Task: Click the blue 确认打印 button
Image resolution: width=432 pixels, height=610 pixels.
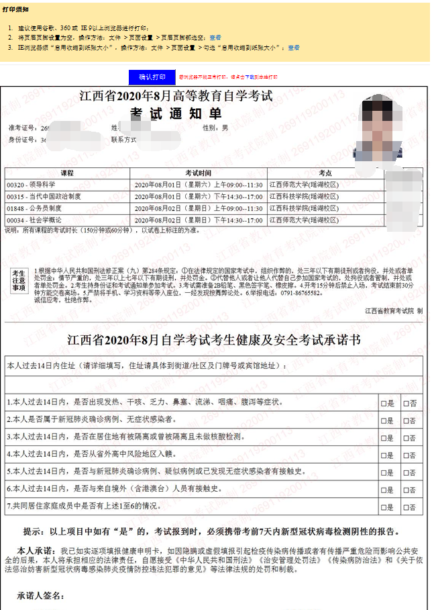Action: click(152, 77)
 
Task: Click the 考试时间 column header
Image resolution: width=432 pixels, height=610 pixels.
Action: click(199, 173)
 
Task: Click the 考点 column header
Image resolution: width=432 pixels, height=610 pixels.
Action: click(326, 173)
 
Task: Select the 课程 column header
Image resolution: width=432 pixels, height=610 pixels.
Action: click(67, 173)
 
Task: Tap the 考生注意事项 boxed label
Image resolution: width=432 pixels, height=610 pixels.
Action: click(19, 280)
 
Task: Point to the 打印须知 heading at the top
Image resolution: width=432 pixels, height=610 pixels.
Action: click(15, 9)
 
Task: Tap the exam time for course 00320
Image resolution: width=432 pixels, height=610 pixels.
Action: click(199, 184)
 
